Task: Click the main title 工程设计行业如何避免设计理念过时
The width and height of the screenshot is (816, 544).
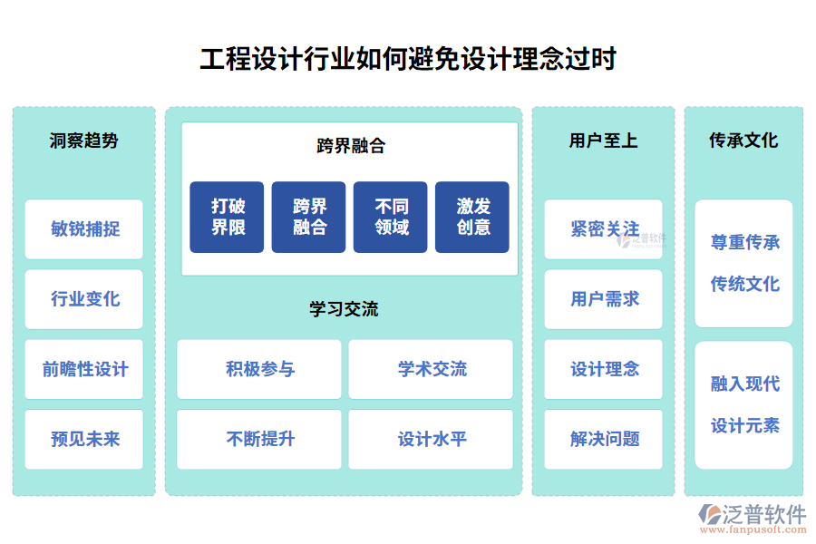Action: pos(408,59)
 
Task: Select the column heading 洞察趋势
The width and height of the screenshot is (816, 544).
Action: pos(83,141)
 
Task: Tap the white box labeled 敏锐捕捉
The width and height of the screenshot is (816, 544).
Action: pos(83,229)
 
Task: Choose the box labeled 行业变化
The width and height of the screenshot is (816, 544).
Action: pos(83,299)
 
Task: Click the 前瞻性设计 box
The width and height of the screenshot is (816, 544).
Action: pos(83,369)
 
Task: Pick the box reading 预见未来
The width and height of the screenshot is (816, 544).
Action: pos(83,439)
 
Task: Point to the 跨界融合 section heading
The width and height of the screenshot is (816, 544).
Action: pos(350,145)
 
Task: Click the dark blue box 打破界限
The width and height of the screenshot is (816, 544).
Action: pos(227,217)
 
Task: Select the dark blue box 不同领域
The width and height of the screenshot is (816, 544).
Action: pos(391,217)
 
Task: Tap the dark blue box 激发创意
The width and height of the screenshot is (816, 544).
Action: pos(472,217)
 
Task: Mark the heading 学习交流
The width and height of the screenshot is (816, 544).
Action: pos(344,309)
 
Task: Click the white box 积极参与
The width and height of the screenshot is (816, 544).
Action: pos(259,369)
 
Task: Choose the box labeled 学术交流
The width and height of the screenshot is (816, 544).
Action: pos(431,369)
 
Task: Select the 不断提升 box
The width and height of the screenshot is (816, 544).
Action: pos(259,439)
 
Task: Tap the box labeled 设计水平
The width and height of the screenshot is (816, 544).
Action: pos(431,439)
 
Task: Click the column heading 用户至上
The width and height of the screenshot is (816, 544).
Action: pos(603,141)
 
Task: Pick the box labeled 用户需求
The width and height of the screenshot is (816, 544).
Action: pos(603,299)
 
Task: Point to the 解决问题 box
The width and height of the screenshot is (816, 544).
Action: pos(603,439)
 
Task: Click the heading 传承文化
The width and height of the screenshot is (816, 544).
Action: pos(743,141)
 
